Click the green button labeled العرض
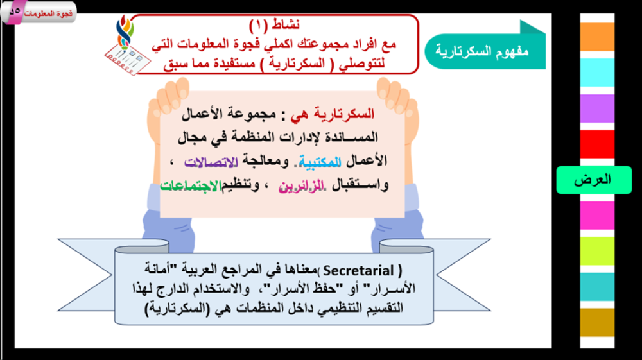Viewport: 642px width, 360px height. (594, 180)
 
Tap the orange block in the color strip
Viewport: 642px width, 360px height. (597, 37)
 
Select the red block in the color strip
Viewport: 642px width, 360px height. (597, 144)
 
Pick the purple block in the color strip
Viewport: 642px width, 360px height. (597, 108)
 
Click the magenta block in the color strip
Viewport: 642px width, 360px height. (597, 216)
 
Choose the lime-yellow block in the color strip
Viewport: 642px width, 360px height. (597, 251)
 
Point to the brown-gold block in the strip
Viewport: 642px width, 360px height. (597, 323)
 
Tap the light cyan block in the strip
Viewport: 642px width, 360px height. (597, 73)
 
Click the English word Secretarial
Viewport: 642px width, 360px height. (359, 271)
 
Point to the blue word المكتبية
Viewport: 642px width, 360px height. (319, 162)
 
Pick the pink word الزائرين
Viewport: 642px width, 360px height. (301, 186)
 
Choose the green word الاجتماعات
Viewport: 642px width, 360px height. (191, 185)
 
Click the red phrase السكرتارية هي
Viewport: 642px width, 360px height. (333, 114)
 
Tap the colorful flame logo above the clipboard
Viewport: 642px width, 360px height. (125, 32)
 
